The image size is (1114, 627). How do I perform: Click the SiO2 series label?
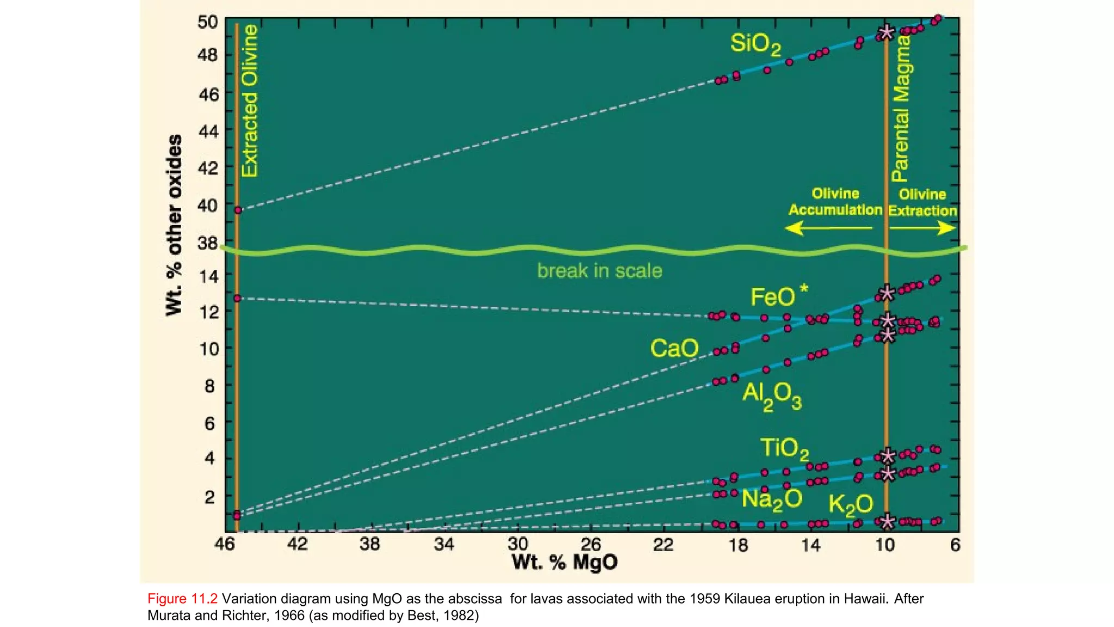pyautogui.click(x=755, y=44)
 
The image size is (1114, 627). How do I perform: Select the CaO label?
pyautogui.click(x=674, y=348)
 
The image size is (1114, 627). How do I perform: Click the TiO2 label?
pyautogui.click(x=784, y=449)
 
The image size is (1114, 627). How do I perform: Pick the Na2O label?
pyautogui.click(x=771, y=499)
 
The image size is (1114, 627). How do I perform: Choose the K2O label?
pyautogui.click(x=850, y=505)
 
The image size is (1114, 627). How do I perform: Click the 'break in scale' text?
pyautogui.click(x=599, y=271)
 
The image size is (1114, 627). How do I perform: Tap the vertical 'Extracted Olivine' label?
pyautogui.click(x=250, y=101)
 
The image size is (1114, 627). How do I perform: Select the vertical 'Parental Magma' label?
pyautogui.click(x=900, y=109)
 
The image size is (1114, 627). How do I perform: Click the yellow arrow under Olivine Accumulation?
pyautogui.click(x=828, y=228)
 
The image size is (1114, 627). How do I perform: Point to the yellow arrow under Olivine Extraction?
pyautogui.click(x=923, y=228)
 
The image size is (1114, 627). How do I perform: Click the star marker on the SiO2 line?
pyautogui.click(x=887, y=32)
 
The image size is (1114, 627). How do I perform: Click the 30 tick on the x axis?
pyautogui.click(x=517, y=544)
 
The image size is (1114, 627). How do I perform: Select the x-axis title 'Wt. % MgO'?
pyautogui.click(x=564, y=562)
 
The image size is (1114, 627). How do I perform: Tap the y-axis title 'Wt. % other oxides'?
pyautogui.click(x=174, y=225)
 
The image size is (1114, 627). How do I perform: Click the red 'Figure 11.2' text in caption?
pyautogui.click(x=182, y=599)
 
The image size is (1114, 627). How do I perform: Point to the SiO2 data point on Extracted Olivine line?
pyautogui.click(x=238, y=210)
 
